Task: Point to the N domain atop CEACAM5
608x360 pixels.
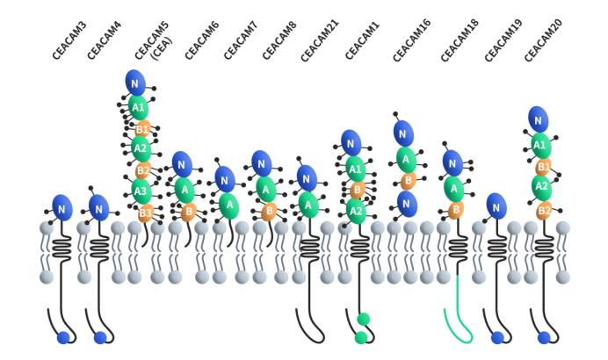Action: tap(136, 83)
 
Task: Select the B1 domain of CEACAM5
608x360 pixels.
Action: tap(143, 128)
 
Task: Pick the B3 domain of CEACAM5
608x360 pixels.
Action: tap(146, 212)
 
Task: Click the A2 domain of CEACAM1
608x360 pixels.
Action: tap(356, 210)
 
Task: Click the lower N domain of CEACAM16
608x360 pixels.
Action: tap(405, 204)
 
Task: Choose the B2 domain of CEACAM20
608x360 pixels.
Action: tap(544, 210)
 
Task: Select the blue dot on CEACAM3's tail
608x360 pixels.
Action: tap(63, 337)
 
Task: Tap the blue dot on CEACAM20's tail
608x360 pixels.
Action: tap(544, 337)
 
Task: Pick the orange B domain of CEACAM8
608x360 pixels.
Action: tap(270, 211)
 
